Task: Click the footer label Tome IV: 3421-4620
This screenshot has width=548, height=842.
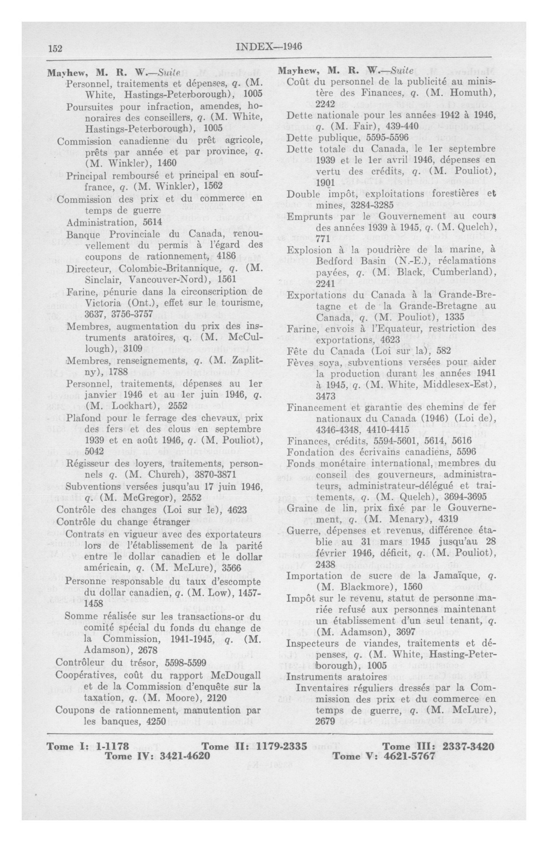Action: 158,756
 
